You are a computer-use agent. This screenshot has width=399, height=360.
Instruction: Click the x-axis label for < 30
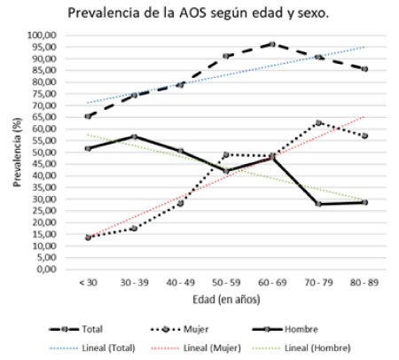click(88, 281)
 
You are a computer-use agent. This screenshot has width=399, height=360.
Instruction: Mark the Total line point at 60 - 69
click(271, 43)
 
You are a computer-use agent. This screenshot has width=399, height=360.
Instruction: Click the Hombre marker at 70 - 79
click(317, 204)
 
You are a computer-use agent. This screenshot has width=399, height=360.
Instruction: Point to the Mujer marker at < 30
click(88, 238)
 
